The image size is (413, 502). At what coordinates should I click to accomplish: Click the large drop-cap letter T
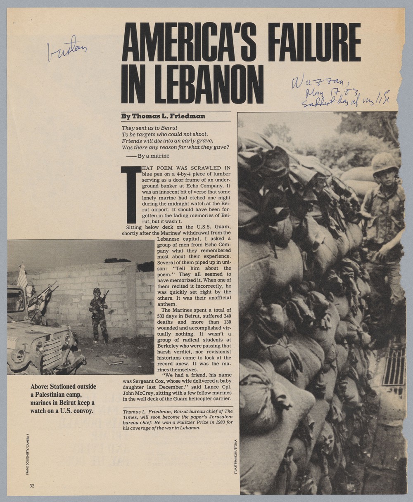coord(131,194)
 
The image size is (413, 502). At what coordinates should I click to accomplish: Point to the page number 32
coord(32,486)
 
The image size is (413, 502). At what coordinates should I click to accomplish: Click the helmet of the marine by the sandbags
coord(385,162)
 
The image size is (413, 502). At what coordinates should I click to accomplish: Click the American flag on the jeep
coord(22,277)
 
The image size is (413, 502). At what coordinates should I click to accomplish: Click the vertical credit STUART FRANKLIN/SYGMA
coord(235,456)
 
